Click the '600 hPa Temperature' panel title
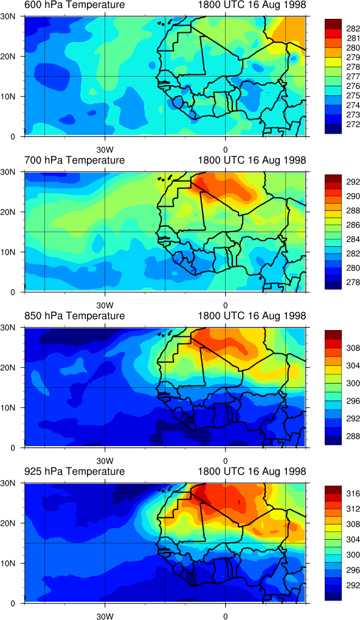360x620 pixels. [74, 5]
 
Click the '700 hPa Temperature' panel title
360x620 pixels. [74, 160]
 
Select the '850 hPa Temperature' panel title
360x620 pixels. [74, 316]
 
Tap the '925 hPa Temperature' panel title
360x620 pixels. [74, 471]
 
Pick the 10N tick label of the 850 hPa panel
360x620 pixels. [7, 408]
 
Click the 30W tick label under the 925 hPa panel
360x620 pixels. [105, 616]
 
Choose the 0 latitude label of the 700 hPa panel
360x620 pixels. [12, 292]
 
